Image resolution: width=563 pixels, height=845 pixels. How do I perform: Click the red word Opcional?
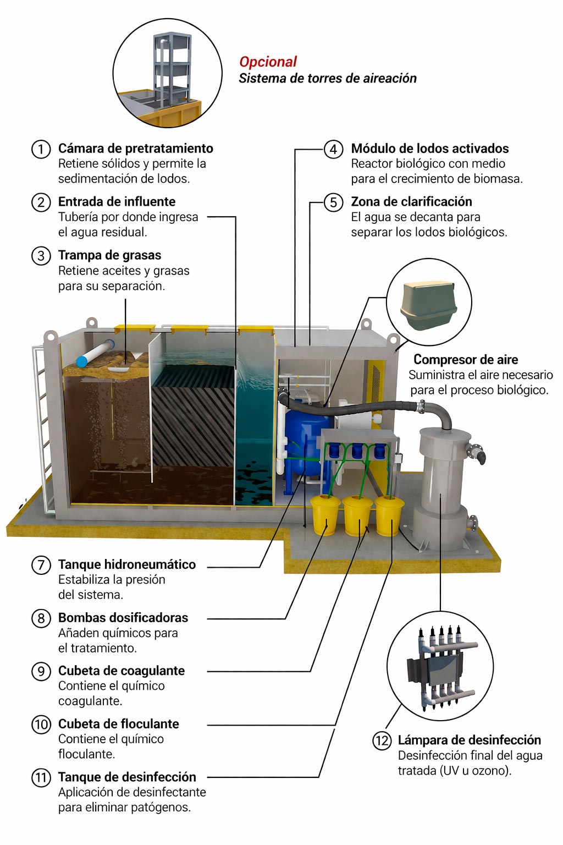pyautogui.click(x=268, y=62)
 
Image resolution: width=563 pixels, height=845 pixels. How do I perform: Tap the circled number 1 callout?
pyautogui.click(x=41, y=149)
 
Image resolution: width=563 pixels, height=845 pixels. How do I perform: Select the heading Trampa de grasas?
pyautogui.click(x=109, y=255)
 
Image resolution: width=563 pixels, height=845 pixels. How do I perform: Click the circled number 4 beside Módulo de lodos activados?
pyautogui.click(x=333, y=149)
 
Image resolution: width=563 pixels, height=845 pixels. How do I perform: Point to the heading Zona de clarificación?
pyautogui.click(x=411, y=202)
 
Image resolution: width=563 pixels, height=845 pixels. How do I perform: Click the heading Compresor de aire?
pyautogui.click(x=466, y=360)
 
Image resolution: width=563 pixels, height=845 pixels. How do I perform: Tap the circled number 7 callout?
pyautogui.click(x=41, y=565)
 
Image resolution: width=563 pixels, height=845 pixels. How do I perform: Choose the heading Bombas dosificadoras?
pyautogui.click(x=123, y=618)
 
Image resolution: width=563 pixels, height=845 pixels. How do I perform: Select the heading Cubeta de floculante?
pyautogui.click(x=119, y=724)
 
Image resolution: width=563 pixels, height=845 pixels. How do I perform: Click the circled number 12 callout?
pyautogui.click(x=382, y=740)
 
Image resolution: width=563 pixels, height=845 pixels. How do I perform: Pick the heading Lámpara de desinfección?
pyautogui.click(x=469, y=740)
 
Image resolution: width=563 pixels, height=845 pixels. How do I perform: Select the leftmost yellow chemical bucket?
pyautogui.click(x=325, y=514)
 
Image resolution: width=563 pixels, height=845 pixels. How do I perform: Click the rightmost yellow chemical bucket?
pyautogui.click(x=389, y=516)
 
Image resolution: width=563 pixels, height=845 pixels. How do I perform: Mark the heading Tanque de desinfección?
pyautogui.click(x=127, y=777)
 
